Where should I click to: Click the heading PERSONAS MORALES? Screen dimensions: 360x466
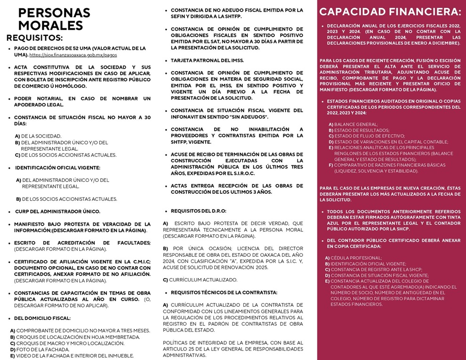tap(54, 19)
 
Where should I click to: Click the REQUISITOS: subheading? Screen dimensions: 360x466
tap(34, 38)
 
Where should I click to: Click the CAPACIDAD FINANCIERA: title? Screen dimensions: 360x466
tap(390, 12)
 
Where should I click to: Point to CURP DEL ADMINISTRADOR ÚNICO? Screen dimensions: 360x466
tap(57, 212)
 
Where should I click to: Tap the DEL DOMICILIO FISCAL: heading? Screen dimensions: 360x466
tap(42, 318)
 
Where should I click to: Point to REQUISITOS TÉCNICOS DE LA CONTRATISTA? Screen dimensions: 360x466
tap(224, 292)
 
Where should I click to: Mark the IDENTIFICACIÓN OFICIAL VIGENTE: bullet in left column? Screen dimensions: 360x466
tap(57, 167)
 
